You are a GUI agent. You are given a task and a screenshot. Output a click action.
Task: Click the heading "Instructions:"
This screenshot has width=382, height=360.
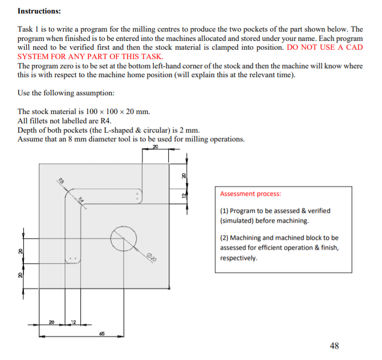tap(39, 10)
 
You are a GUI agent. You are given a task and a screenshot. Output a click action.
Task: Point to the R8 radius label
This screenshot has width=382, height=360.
tap(61, 181)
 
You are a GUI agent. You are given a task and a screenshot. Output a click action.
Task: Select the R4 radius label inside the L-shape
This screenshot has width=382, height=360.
tap(81, 200)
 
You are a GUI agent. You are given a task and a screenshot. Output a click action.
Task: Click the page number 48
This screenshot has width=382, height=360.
tap(335, 345)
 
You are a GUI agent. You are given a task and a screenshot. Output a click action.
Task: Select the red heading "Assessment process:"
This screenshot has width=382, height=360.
tap(251, 194)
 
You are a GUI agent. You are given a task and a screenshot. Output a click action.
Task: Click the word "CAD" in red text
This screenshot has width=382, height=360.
tap(352, 47)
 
